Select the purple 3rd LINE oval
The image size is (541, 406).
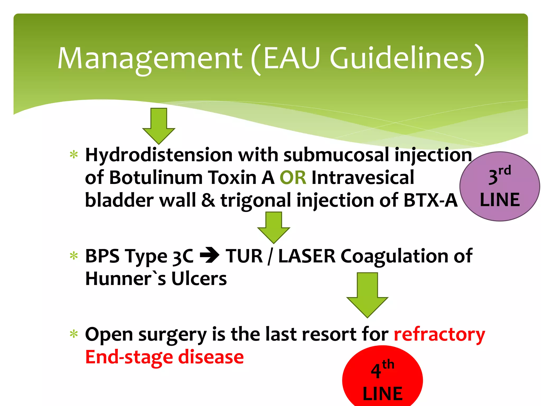(500, 187)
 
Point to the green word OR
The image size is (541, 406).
(293, 178)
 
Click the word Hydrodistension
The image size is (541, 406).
(159, 155)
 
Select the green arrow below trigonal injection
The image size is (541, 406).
(274, 227)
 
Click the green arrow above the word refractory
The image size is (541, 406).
(367, 295)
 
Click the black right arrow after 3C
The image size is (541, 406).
(209, 256)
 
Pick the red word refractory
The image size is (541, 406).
(439, 335)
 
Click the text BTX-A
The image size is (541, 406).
(430, 200)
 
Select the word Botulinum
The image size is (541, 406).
(156, 178)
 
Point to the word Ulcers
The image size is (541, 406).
(199, 279)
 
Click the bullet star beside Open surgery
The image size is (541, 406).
(74, 334)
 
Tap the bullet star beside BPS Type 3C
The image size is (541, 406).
(74, 256)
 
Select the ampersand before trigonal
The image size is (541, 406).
(208, 200)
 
